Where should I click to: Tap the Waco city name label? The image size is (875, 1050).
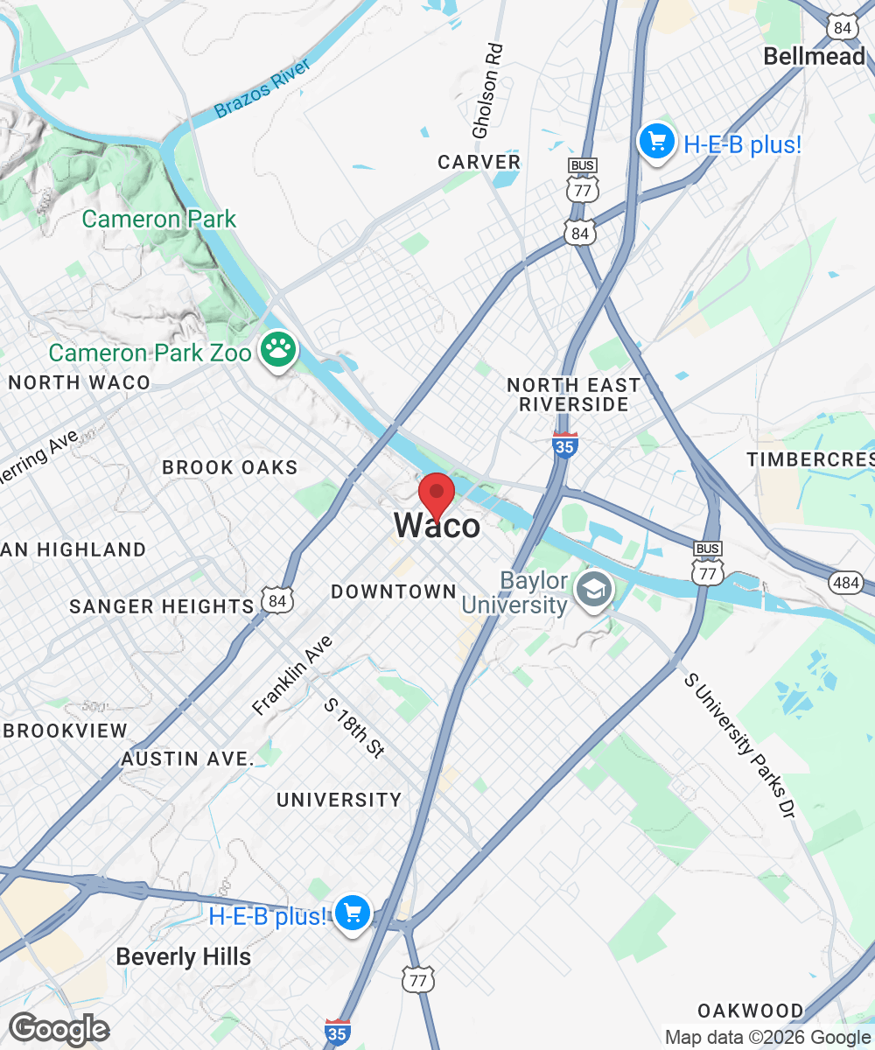437,526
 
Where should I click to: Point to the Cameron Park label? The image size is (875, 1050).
159,219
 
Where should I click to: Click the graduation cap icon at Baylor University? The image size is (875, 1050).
594,592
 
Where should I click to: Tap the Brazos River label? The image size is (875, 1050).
262,89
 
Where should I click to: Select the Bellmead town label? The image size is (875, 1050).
814,57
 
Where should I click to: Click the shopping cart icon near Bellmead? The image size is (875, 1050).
656,142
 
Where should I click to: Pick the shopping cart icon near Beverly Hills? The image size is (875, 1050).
353,914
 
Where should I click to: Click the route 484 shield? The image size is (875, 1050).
848,583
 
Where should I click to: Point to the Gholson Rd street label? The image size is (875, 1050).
488,90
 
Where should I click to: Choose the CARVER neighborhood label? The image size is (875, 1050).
479,162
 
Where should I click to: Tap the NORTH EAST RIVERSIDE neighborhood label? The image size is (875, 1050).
573,395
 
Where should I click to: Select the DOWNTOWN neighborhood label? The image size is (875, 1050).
394,592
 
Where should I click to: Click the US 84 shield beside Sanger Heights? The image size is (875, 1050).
277,601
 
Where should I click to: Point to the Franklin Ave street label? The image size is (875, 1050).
292,675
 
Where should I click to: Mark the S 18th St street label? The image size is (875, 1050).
354,728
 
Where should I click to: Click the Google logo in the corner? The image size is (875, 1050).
58,1029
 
